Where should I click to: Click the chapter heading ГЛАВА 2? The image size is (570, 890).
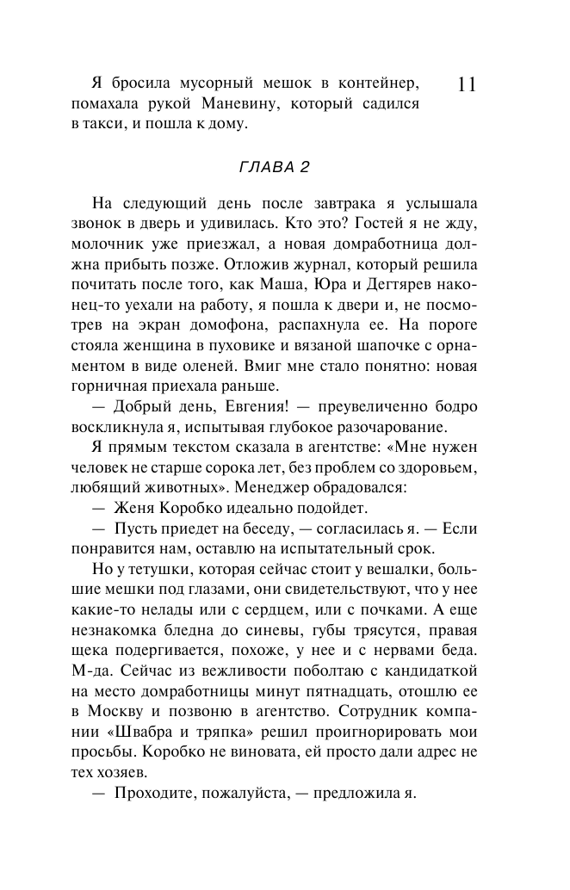[273, 166]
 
